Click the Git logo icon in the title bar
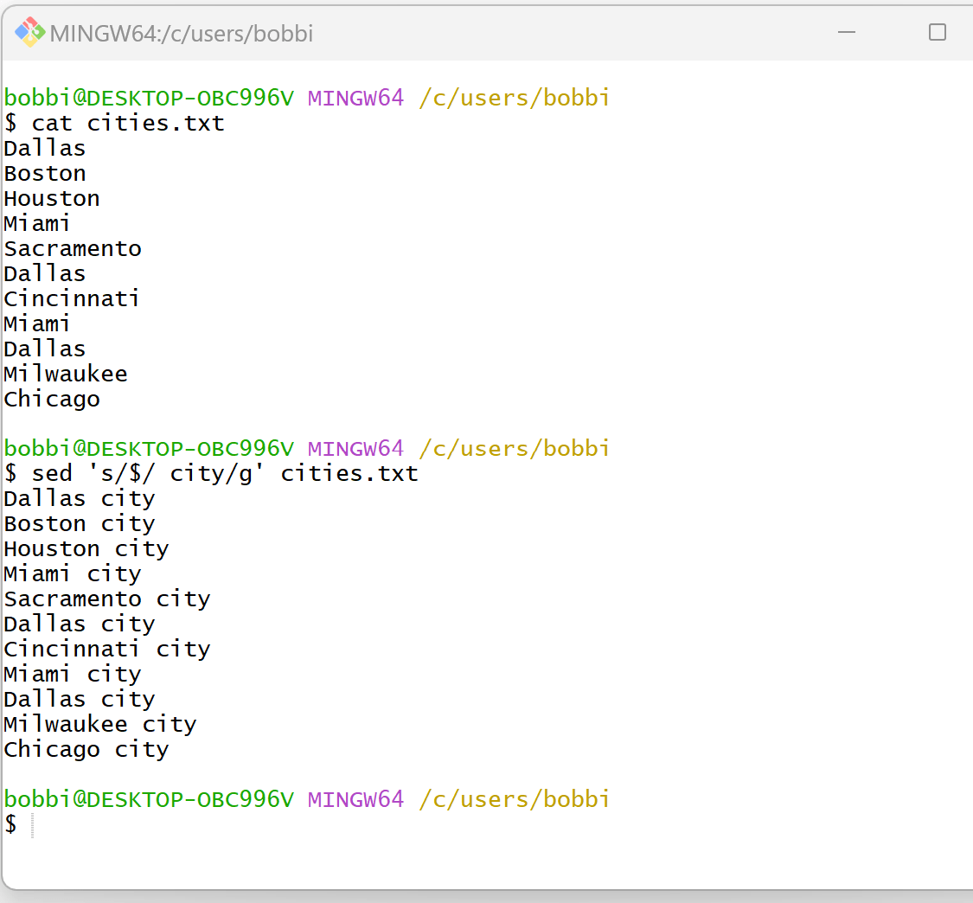29,32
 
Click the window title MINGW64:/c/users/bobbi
182,33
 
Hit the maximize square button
937,33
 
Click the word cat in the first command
52,123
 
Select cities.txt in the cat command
156,123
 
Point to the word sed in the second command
52,473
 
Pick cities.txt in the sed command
349,473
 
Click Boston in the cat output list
45,173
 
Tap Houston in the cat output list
52,198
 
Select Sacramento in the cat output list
73,248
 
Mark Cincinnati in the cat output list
72,298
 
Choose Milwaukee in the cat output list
66,374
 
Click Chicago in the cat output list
52,400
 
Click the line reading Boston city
80,523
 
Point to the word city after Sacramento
183,599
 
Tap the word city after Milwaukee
170,724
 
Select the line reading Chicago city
86,749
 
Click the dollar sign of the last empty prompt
10,824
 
